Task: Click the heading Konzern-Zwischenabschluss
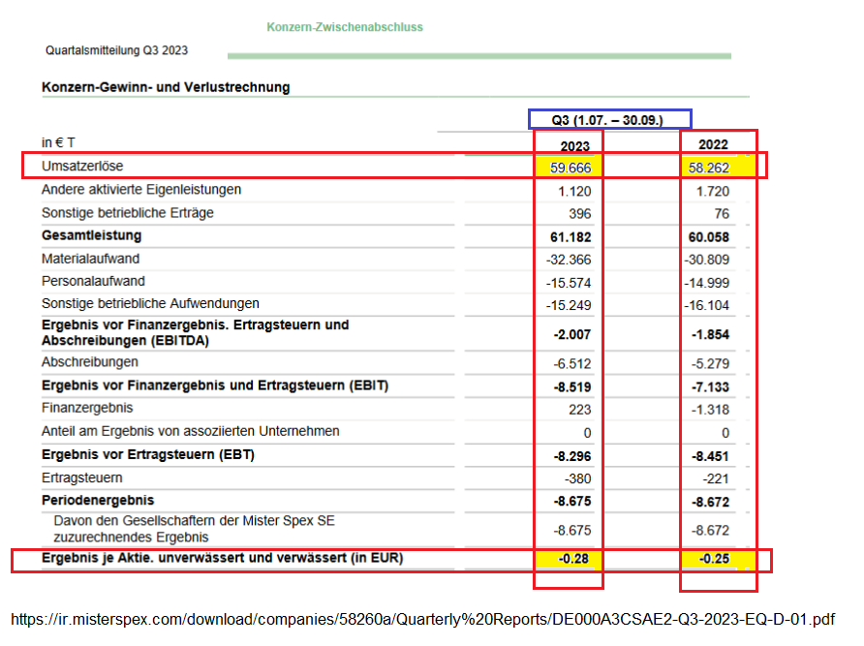344,27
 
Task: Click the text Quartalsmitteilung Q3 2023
116,50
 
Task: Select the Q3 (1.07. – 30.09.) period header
608,119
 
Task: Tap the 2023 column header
575,145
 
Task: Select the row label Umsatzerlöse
82,167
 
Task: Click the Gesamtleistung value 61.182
570,236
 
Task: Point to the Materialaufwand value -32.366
568,260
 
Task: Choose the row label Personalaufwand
93,281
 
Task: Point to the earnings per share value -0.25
712,559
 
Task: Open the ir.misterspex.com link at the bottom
423,619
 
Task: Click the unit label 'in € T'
58,142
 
